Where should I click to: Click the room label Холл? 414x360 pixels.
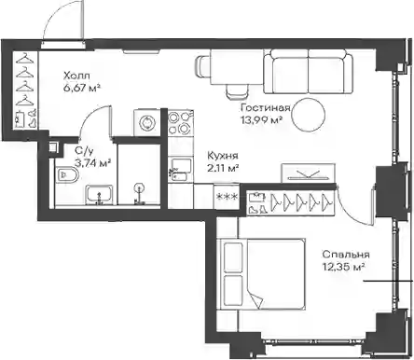pyautogui.click(x=76, y=76)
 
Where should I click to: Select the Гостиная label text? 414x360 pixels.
pyautogui.click(x=266, y=108)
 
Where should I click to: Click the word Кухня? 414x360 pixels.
pyautogui.click(x=223, y=155)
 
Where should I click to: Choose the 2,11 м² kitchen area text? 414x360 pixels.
pyautogui.click(x=223, y=168)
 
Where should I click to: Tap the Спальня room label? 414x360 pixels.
pyautogui.click(x=346, y=255)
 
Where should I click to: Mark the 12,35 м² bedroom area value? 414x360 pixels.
pyautogui.click(x=343, y=267)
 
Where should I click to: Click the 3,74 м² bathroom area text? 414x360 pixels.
pyautogui.click(x=93, y=162)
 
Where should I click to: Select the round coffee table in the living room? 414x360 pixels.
pyautogui.click(x=309, y=114)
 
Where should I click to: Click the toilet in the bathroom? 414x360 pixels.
pyautogui.click(x=67, y=175)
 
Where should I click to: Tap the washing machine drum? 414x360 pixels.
pyautogui.click(x=146, y=121)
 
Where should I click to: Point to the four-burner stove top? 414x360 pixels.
pyautogui.click(x=180, y=123)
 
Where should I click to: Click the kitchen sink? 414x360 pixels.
pyautogui.click(x=180, y=170)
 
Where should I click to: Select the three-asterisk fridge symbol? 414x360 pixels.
pyautogui.click(x=227, y=196)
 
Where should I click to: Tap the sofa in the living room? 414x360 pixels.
pyautogui.click(x=309, y=72)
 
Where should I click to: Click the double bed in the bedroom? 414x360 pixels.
pyautogui.click(x=260, y=274)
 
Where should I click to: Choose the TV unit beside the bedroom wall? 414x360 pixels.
pyautogui.click(x=309, y=173)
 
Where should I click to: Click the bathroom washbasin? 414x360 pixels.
pyautogui.click(x=100, y=195)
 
